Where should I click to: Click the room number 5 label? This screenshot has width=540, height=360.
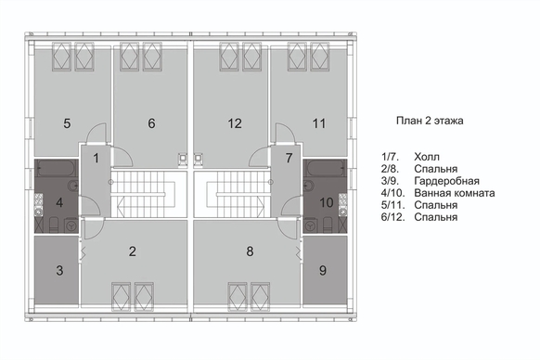67,123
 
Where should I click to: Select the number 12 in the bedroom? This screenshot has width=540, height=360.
235,123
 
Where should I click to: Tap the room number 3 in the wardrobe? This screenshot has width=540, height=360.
59,270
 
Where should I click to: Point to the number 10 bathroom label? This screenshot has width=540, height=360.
327,202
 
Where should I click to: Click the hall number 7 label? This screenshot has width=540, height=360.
289,158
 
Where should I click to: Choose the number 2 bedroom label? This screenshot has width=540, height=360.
133,251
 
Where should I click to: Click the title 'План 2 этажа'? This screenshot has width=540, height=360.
430,121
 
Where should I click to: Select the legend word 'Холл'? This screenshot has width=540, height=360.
427,157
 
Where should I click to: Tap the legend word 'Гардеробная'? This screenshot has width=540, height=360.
446,181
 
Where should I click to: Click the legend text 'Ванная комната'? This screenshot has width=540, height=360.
455,193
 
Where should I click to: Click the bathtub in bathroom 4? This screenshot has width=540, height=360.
57,168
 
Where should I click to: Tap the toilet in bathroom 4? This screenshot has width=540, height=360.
54,225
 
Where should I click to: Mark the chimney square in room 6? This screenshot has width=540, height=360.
183,158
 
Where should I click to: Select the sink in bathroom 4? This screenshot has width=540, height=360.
73,186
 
